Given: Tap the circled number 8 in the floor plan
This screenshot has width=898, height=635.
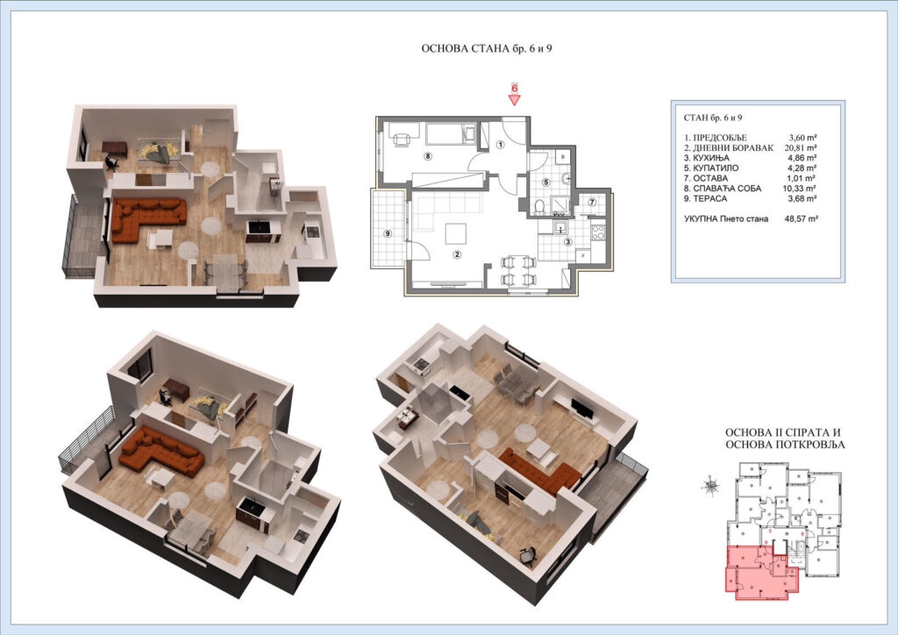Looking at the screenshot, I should (428, 156).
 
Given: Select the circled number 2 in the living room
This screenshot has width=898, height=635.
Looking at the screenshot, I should (456, 255).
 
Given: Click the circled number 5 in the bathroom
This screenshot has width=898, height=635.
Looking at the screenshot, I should (546, 182).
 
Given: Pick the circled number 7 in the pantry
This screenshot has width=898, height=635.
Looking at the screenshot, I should (592, 203).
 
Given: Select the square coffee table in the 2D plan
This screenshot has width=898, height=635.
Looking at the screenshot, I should (455, 234).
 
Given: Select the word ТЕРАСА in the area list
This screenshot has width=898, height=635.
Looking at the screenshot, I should (712, 197).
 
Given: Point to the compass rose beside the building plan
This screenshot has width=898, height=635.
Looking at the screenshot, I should (710, 482).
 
